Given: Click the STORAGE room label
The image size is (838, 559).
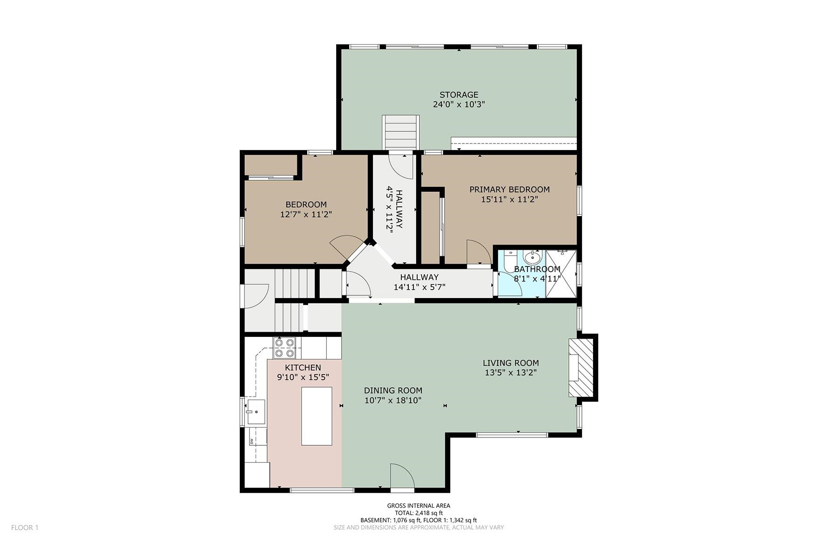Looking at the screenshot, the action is [x=459, y=95].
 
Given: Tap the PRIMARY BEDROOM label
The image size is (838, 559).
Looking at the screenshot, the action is [x=509, y=190].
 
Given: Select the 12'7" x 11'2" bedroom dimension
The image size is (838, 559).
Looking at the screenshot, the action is [x=306, y=214].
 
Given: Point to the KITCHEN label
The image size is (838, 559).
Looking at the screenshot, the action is [x=303, y=368].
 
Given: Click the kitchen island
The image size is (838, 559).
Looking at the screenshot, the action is [x=317, y=416].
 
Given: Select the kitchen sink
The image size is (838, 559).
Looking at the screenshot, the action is [x=256, y=412].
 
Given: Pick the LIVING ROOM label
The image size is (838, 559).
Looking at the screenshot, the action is [x=511, y=363].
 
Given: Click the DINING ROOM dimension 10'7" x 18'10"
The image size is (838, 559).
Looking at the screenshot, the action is [x=393, y=400].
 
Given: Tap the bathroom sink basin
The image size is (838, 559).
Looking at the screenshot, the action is [x=532, y=257].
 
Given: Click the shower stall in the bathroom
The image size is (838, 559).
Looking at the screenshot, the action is [x=561, y=273].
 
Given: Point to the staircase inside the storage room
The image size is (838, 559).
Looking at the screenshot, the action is [x=400, y=132].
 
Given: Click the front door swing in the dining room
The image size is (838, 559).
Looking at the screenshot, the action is [x=402, y=476].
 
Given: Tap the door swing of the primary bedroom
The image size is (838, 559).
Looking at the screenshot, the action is [x=479, y=252].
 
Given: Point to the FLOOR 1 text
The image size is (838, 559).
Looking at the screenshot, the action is [x=25, y=527].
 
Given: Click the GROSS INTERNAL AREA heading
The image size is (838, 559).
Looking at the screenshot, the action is [x=419, y=505].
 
